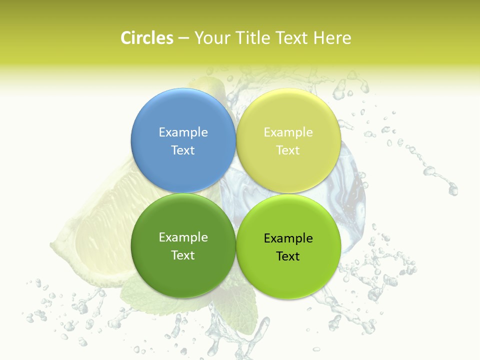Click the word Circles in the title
coord(146,38)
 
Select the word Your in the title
coord(211,38)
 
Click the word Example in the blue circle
coord(183,132)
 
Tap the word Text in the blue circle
coord(183,150)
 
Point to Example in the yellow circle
coord(288,132)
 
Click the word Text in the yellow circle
coord(288,150)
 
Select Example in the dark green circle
coord(183,237)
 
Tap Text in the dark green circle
coord(183,255)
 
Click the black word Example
coord(288,238)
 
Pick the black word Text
coord(288,256)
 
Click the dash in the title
coord(183,38)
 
